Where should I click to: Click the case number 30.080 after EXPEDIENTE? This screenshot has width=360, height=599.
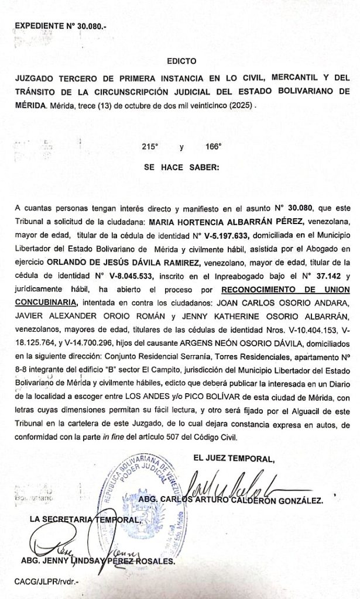85,26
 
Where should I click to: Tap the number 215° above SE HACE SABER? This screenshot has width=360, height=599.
150,147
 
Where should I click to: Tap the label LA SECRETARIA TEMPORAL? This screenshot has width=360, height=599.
85,519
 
